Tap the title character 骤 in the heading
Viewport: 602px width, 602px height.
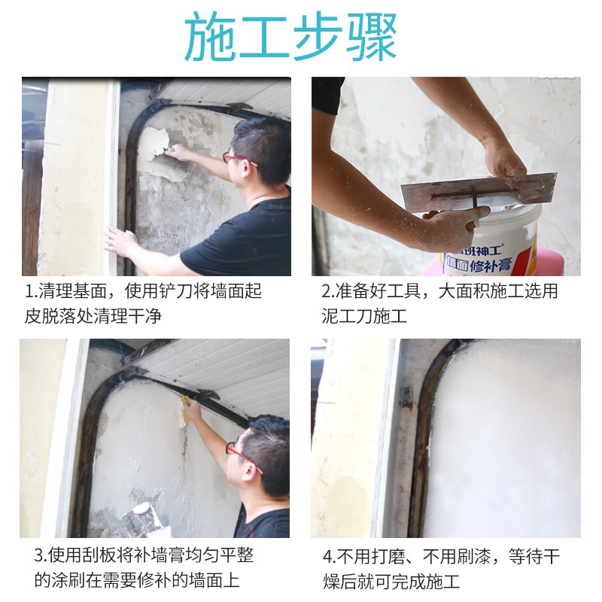point(372,36)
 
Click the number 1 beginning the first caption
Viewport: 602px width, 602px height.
point(29,292)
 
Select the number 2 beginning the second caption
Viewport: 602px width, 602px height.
point(327,292)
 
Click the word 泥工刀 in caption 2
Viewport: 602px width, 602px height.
point(348,316)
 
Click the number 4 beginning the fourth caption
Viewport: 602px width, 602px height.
point(327,557)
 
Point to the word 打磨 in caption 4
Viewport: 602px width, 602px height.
point(388,556)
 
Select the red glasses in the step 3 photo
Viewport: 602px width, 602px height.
point(243,457)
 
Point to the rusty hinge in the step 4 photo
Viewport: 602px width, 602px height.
point(406,398)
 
